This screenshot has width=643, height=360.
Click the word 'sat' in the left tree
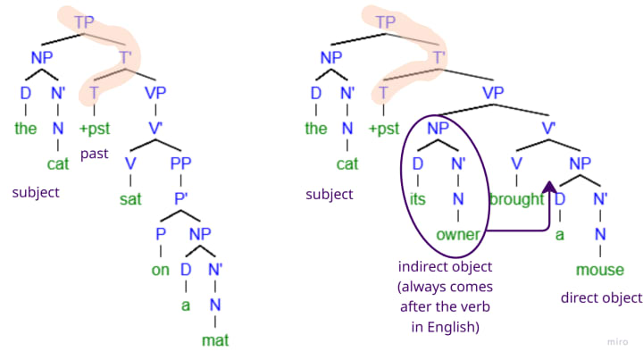point(130,198)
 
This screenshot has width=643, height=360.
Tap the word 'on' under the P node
point(160,270)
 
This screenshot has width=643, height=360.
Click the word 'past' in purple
point(95,154)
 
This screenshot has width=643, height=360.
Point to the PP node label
point(181,163)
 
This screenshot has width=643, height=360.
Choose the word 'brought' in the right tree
point(516,199)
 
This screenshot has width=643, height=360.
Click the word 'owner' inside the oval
point(458,234)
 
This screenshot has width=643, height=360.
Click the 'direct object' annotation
point(601,297)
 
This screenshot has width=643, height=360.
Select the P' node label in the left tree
point(181,198)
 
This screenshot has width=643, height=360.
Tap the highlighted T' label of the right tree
point(438,56)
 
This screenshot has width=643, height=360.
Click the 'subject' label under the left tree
point(35,192)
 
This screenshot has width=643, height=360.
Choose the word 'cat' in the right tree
point(347,163)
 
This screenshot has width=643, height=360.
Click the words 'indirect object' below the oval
point(446,267)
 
